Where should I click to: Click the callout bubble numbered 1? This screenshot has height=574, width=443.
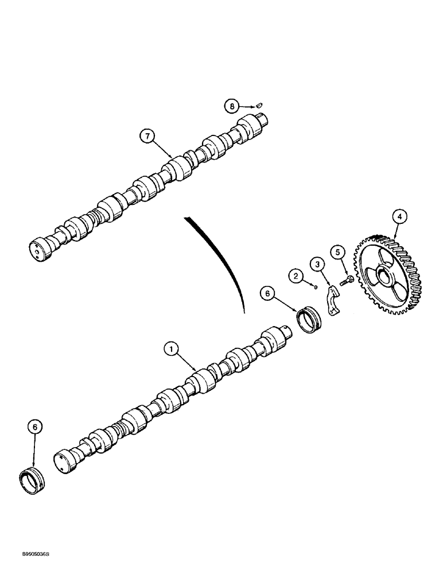(170, 348)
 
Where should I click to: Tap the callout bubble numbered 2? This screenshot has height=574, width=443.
(296, 276)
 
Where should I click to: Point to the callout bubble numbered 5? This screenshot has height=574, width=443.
(338, 251)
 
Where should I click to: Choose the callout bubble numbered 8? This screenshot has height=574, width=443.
(232, 106)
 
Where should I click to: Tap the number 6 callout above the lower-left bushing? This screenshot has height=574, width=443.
(34, 427)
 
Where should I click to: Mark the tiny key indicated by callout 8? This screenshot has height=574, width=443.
(259, 104)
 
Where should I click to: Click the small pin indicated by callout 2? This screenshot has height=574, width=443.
(315, 286)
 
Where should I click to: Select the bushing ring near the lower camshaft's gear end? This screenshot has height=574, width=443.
(310, 320)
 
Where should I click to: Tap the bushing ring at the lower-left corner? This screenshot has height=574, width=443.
(32, 480)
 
